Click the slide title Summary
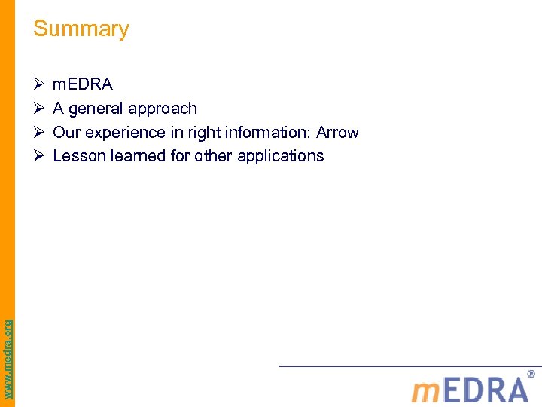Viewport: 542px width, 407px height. [81, 29]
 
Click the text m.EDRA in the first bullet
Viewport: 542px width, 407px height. [83, 84]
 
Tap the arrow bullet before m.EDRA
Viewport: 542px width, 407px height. [39, 84]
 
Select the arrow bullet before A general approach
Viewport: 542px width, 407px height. [39, 109]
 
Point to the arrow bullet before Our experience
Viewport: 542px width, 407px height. [39, 133]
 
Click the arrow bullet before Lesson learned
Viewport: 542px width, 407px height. [39, 156]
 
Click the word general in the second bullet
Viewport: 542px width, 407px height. [95, 109]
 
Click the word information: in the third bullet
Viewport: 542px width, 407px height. [260, 133]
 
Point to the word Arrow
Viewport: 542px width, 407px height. [337, 133]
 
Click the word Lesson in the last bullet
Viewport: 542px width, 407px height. [77, 156]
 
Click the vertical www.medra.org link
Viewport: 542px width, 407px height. [8, 349]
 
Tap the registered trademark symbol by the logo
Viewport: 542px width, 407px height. [531, 374]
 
